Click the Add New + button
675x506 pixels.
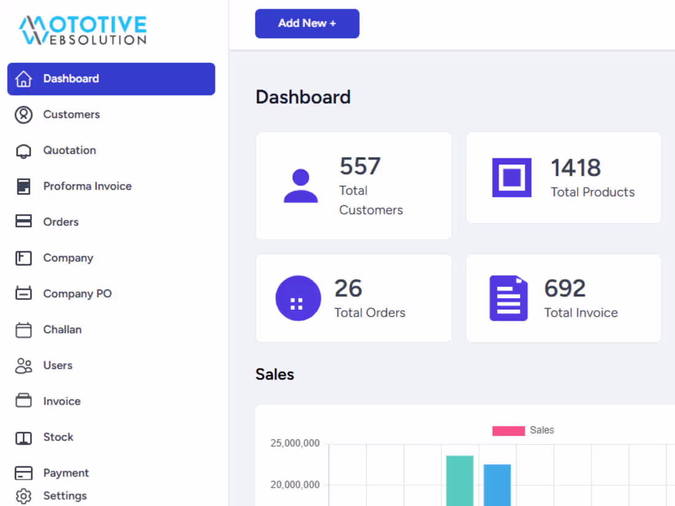[x=307, y=23]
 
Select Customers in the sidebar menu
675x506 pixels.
[x=71, y=115]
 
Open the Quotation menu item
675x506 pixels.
[x=69, y=150]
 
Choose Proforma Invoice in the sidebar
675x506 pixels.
[x=87, y=186]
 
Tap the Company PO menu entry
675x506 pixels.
[x=77, y=294]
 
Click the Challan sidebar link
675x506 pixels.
[x=62, y=329]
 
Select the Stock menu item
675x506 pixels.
[x=58, y=437]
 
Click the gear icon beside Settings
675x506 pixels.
[x=23, y=496]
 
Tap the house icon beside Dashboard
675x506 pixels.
[x=23, y=79]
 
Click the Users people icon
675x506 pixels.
[x=23, y=366]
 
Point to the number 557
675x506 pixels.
[x=360, y=166]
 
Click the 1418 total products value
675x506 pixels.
[x=576, y=167]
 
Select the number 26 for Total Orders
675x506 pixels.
[x=348, y=288]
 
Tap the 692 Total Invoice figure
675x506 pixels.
[x=565, y=288]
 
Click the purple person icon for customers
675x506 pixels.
[x=301, y=186]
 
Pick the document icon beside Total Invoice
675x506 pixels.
[x=508, y=298]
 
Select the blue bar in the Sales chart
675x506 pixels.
[x=497, y=485]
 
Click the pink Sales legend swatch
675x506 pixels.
[x=508, y=431]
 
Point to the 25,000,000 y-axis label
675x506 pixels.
[x=295, y=443]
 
